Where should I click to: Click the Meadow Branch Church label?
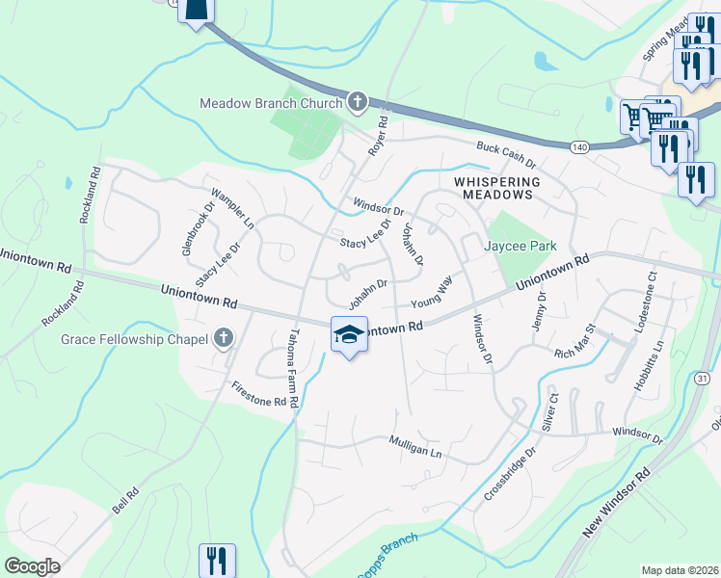click(x=270, y=103)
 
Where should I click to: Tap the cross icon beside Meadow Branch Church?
click(x=358, y=101)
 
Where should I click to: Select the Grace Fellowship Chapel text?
click(x=134, y=338)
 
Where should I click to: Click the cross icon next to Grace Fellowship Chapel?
click(x=224, y=337)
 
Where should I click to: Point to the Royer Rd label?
click(x=377, y=137)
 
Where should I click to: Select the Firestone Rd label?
click(x=259, y=393)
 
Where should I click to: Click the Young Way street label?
click(x=432, y=292)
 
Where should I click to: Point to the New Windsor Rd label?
click(x=618, y=505)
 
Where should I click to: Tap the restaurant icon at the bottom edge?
click(x=217, y=561)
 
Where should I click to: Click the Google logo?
click(x=33, y=565)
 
